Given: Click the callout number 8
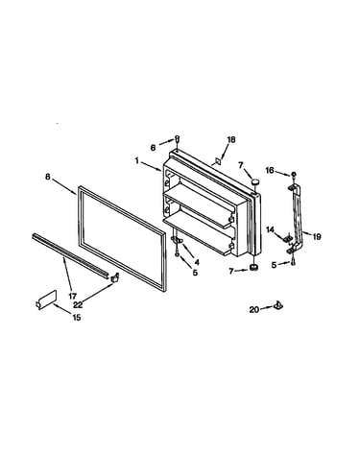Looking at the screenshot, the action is pyautogui.click(x=48, y=177).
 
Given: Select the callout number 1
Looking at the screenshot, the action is pyautogui.click(x=137, y=160).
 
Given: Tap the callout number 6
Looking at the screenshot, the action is pyautogui.click(x=153, y=148).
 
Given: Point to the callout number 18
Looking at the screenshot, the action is pyautogui.click(x=231, y=139).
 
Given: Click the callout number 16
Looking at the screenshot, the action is pyautogui.click(x=270, y=170).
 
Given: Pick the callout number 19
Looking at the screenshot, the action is pyautogui.click(x=317, y=237).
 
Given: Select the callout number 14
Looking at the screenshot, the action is pyautogui.click(x=271, y=229).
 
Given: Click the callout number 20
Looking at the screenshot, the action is pyautogui.click(x=254, y=309).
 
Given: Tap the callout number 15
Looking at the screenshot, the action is pyautogui.click(x=77, y=318).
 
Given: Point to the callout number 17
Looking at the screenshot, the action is pyautogui.click(x=72, y=296).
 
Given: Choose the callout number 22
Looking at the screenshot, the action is pyautogui.click(x=78, y=305).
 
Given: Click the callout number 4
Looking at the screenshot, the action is pyautogui.click(x=197, y=262).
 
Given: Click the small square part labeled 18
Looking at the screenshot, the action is pyautogui.click(x=218, y=161).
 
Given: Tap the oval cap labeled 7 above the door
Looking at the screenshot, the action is pyautogui.click(x=255, y=181).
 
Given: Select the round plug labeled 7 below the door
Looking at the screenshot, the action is pyautogui.click(x=253, y=267).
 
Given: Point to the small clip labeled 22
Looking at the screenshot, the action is pyautogui.click(x=114, y=277).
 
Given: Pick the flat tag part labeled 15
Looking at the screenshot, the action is pyautogui.click(x=46, y=300).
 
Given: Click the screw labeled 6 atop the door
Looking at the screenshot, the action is pyautogui.click(x=177, y=138).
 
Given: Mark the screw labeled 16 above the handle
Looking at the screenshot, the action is pyautogui.click(x=293, y=175).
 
